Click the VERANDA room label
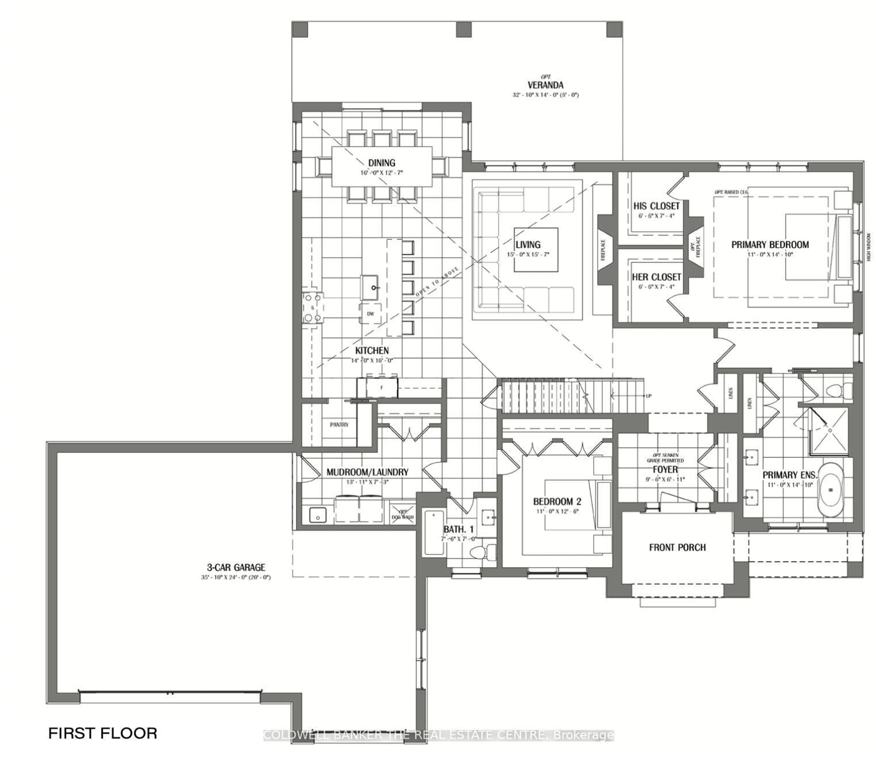545,85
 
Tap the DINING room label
381,163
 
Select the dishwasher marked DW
370,314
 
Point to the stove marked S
313,308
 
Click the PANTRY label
339,425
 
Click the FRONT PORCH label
677,547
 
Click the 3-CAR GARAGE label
236,567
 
